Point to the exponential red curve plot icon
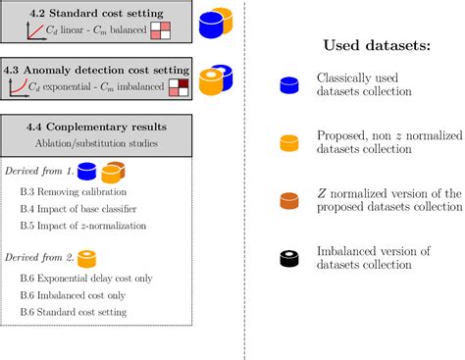[x=20, y=89]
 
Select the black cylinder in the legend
[x=288, y=260]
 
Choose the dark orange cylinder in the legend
[x=288, y=200]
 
